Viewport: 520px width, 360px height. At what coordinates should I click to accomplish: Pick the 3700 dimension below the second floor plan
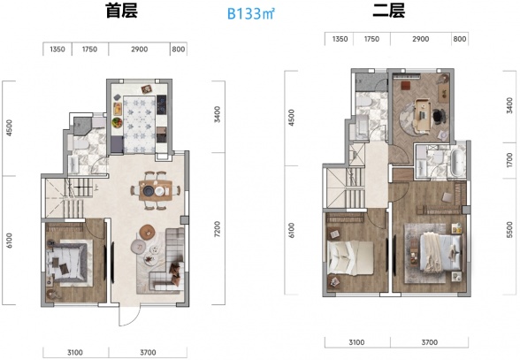[428, 341]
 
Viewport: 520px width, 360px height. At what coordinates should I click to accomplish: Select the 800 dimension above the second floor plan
[458, 40]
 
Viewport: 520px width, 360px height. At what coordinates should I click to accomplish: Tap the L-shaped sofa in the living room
[168, 265]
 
